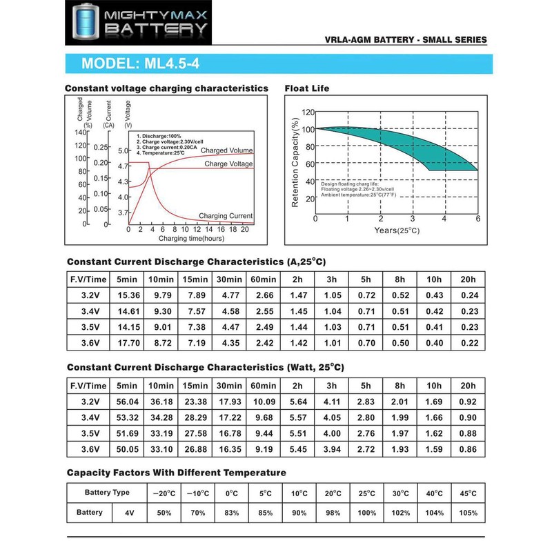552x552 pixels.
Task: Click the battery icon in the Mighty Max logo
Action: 85,21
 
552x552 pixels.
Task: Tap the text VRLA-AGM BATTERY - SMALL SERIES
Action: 406,41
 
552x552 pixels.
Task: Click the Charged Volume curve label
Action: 227,150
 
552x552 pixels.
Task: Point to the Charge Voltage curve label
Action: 228,164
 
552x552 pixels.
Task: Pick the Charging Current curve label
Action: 226,216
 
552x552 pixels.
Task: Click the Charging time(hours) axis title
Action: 191,238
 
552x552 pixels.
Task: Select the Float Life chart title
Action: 307,88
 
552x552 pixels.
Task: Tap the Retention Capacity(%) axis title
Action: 295,163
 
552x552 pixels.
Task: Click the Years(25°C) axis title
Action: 397,230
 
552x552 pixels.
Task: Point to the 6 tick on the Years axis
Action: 477,219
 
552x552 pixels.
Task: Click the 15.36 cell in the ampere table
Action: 129,295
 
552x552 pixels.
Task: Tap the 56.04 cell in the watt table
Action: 129,402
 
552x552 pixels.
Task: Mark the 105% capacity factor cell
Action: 469,513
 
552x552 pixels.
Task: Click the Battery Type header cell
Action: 106,493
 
